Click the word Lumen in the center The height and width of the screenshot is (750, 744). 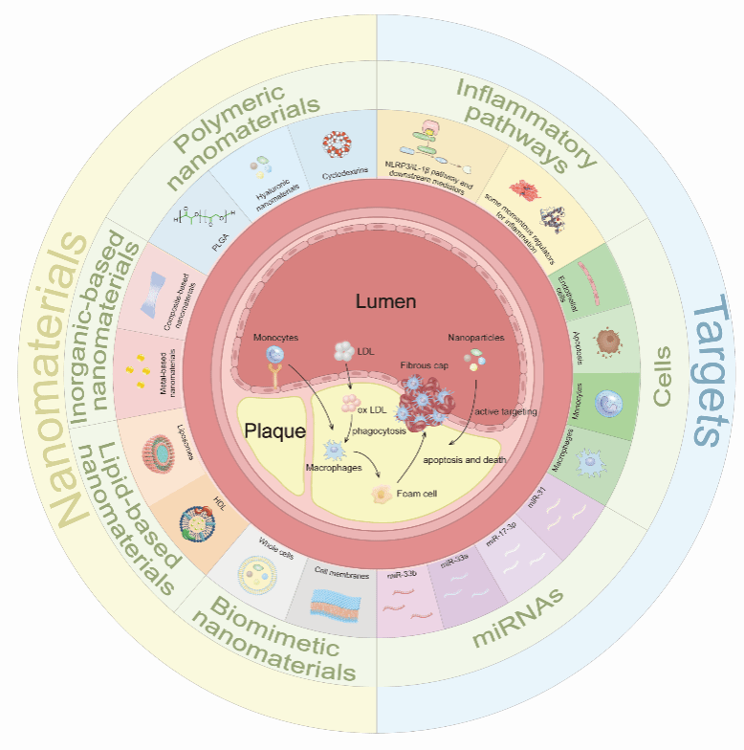point(385,302)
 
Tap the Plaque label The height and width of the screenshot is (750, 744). point(274,430)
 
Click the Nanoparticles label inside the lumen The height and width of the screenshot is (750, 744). point(475,337)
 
